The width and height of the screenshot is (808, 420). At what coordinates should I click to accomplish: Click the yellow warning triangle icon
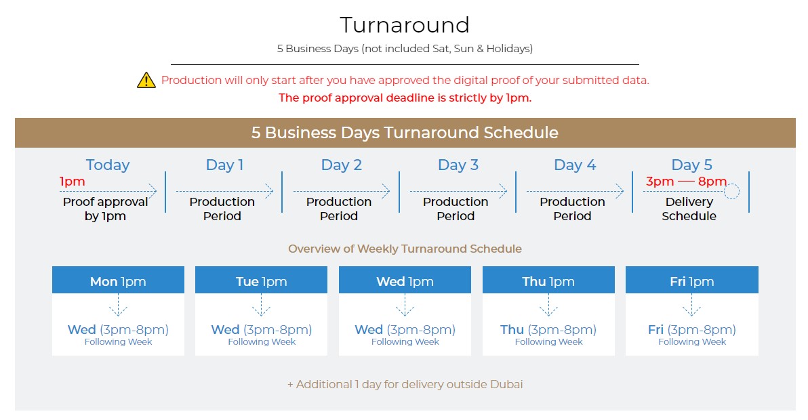pyautogui.click(x=146, y=81)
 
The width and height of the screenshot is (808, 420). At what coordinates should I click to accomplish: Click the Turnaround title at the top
pyautogui.click(x=405, y=24)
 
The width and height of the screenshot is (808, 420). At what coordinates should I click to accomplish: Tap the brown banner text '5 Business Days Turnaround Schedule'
pyautogui.click(x=405, y=133)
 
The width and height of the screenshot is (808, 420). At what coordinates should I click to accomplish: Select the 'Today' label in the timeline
pyautogui.click(x=108, y=165)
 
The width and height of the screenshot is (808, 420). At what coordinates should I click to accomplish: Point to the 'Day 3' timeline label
pyautogui.click(x=458, y=165)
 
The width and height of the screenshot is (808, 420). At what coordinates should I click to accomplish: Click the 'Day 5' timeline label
pyautogui.click(x=691, y=165)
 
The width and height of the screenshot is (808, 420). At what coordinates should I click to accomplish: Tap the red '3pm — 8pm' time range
pyautogui.click(x=687, y=181)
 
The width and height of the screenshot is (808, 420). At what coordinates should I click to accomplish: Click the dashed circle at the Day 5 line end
pyautogui.click(x=731, y=192)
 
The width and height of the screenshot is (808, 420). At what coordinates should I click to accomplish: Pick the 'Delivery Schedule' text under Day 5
pyautogui.click(x=689, y=209)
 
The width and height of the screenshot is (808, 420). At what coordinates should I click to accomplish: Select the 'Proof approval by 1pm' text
pyautogui.click(x=105, y=209)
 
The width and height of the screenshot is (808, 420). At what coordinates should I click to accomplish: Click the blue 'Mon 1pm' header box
pyautogui.click(x=118, y=280)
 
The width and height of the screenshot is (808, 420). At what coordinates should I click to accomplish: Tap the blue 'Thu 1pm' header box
pyautogui.click(x=548, y=280)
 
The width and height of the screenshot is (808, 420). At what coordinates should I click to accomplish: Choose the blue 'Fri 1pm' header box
pyautogui.click(x=692, y=280)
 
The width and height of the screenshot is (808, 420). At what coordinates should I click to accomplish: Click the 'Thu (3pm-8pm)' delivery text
pyautogui.click(x=548, y=329)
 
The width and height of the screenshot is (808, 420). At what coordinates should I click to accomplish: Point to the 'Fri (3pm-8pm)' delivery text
pyautogui.click(x=692, y=329)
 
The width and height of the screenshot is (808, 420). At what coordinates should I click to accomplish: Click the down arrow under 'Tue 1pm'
pyautogui.click(x=261, y=305)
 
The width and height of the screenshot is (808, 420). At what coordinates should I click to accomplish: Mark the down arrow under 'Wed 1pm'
pyautogui.click(x=405, y=305)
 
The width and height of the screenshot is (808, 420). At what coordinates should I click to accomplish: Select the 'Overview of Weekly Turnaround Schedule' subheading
pyautogui.click(x=405, y=249)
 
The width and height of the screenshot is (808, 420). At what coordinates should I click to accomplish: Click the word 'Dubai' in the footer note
pyautogui.click(x=506, y=385)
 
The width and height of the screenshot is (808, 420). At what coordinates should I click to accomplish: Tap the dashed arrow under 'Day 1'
pyautogui.click(x=224, y=192)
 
